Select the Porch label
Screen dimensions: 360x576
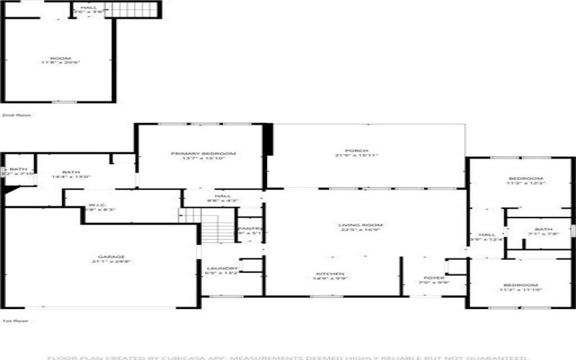tap(356, 151)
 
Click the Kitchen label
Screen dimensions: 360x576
tap(331, 274)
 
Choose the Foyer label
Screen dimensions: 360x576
tap(434, 277)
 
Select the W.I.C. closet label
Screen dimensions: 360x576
tap(98, 206)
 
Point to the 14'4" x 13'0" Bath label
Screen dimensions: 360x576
tap(71, 173)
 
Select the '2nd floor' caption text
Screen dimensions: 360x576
tap(12, 114)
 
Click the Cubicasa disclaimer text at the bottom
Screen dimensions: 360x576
tap(288, 356)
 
